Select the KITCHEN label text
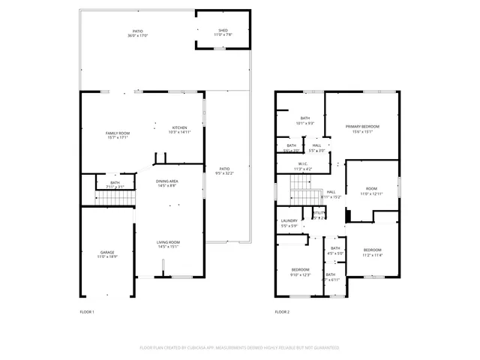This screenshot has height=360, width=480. coord(180,127)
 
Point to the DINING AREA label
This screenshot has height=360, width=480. coord(166,181)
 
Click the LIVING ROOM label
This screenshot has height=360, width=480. coord(167,242)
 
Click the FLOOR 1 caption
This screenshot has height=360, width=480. coord(87,311)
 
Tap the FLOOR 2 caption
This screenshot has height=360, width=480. coord(282,311)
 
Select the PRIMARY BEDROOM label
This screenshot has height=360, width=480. coord(362,127)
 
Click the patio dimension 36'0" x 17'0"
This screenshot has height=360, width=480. coord(137,35)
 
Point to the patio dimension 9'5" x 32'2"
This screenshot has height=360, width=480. coord(224,173)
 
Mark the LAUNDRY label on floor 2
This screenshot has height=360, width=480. coord(289,220)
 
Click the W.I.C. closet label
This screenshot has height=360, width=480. coord(303,164)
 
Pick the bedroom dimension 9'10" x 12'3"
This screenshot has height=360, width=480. coord(301,274)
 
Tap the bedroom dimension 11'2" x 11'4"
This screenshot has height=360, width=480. coord(373,255)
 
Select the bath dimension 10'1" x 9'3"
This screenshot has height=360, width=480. coord(305,123)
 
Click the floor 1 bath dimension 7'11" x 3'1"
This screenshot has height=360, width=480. coord(115,187)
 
